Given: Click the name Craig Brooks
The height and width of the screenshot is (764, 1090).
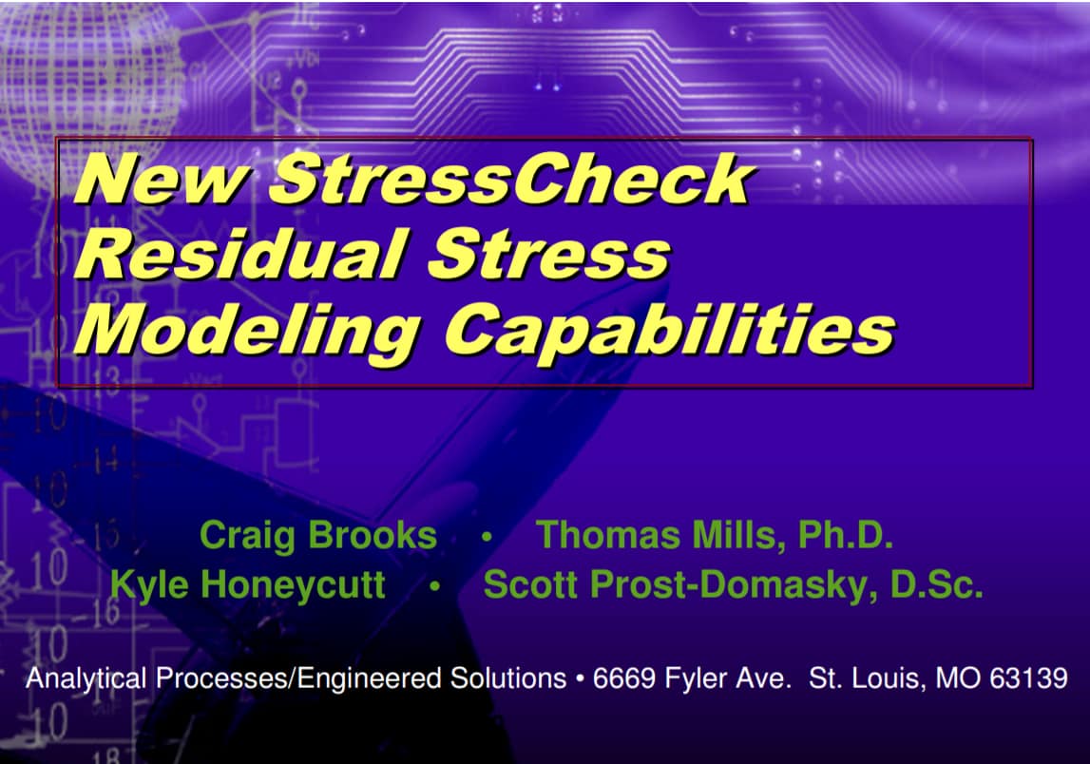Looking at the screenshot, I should pyautogui.click(x=317, y=535).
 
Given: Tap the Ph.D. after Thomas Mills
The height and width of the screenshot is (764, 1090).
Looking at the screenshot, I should pyautogui.click(x=846, y=535).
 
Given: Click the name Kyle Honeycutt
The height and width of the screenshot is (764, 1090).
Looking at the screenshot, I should pyautogui.click(x=248, y=584).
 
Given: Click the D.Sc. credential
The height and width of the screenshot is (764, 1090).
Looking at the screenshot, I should pyautogui.click(x=936, y=584).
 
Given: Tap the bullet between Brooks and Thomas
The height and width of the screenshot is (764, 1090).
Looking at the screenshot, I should pyautogui.click(x=487, y=537).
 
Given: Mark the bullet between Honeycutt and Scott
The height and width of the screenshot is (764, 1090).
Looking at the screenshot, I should pyautogui.click(x=433, y=586).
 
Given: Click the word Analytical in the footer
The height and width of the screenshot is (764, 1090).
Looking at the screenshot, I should pyautogui.click(x=86, y=679).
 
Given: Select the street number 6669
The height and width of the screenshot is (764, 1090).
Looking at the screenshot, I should pyautogui.click(x=621, y=679).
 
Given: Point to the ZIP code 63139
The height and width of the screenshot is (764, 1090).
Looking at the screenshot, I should pyautogui.click(x=1029, y=679).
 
